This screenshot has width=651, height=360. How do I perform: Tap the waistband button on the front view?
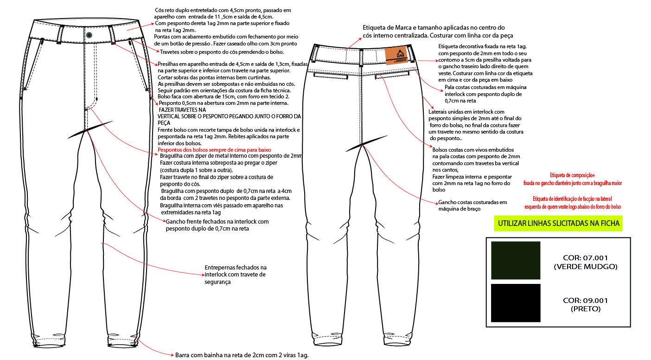[x=89, y=35]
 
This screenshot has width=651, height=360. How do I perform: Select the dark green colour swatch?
[x=516, y=260]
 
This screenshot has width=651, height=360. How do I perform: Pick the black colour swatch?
[x=516, y=303]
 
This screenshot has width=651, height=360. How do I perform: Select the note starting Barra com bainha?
[x=241, y=355]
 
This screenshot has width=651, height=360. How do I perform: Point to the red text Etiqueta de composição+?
[x=572, y=175]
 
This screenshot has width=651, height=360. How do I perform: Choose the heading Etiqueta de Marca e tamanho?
[x=434, y=28]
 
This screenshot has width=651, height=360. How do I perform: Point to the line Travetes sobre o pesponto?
[x=222, y=52]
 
